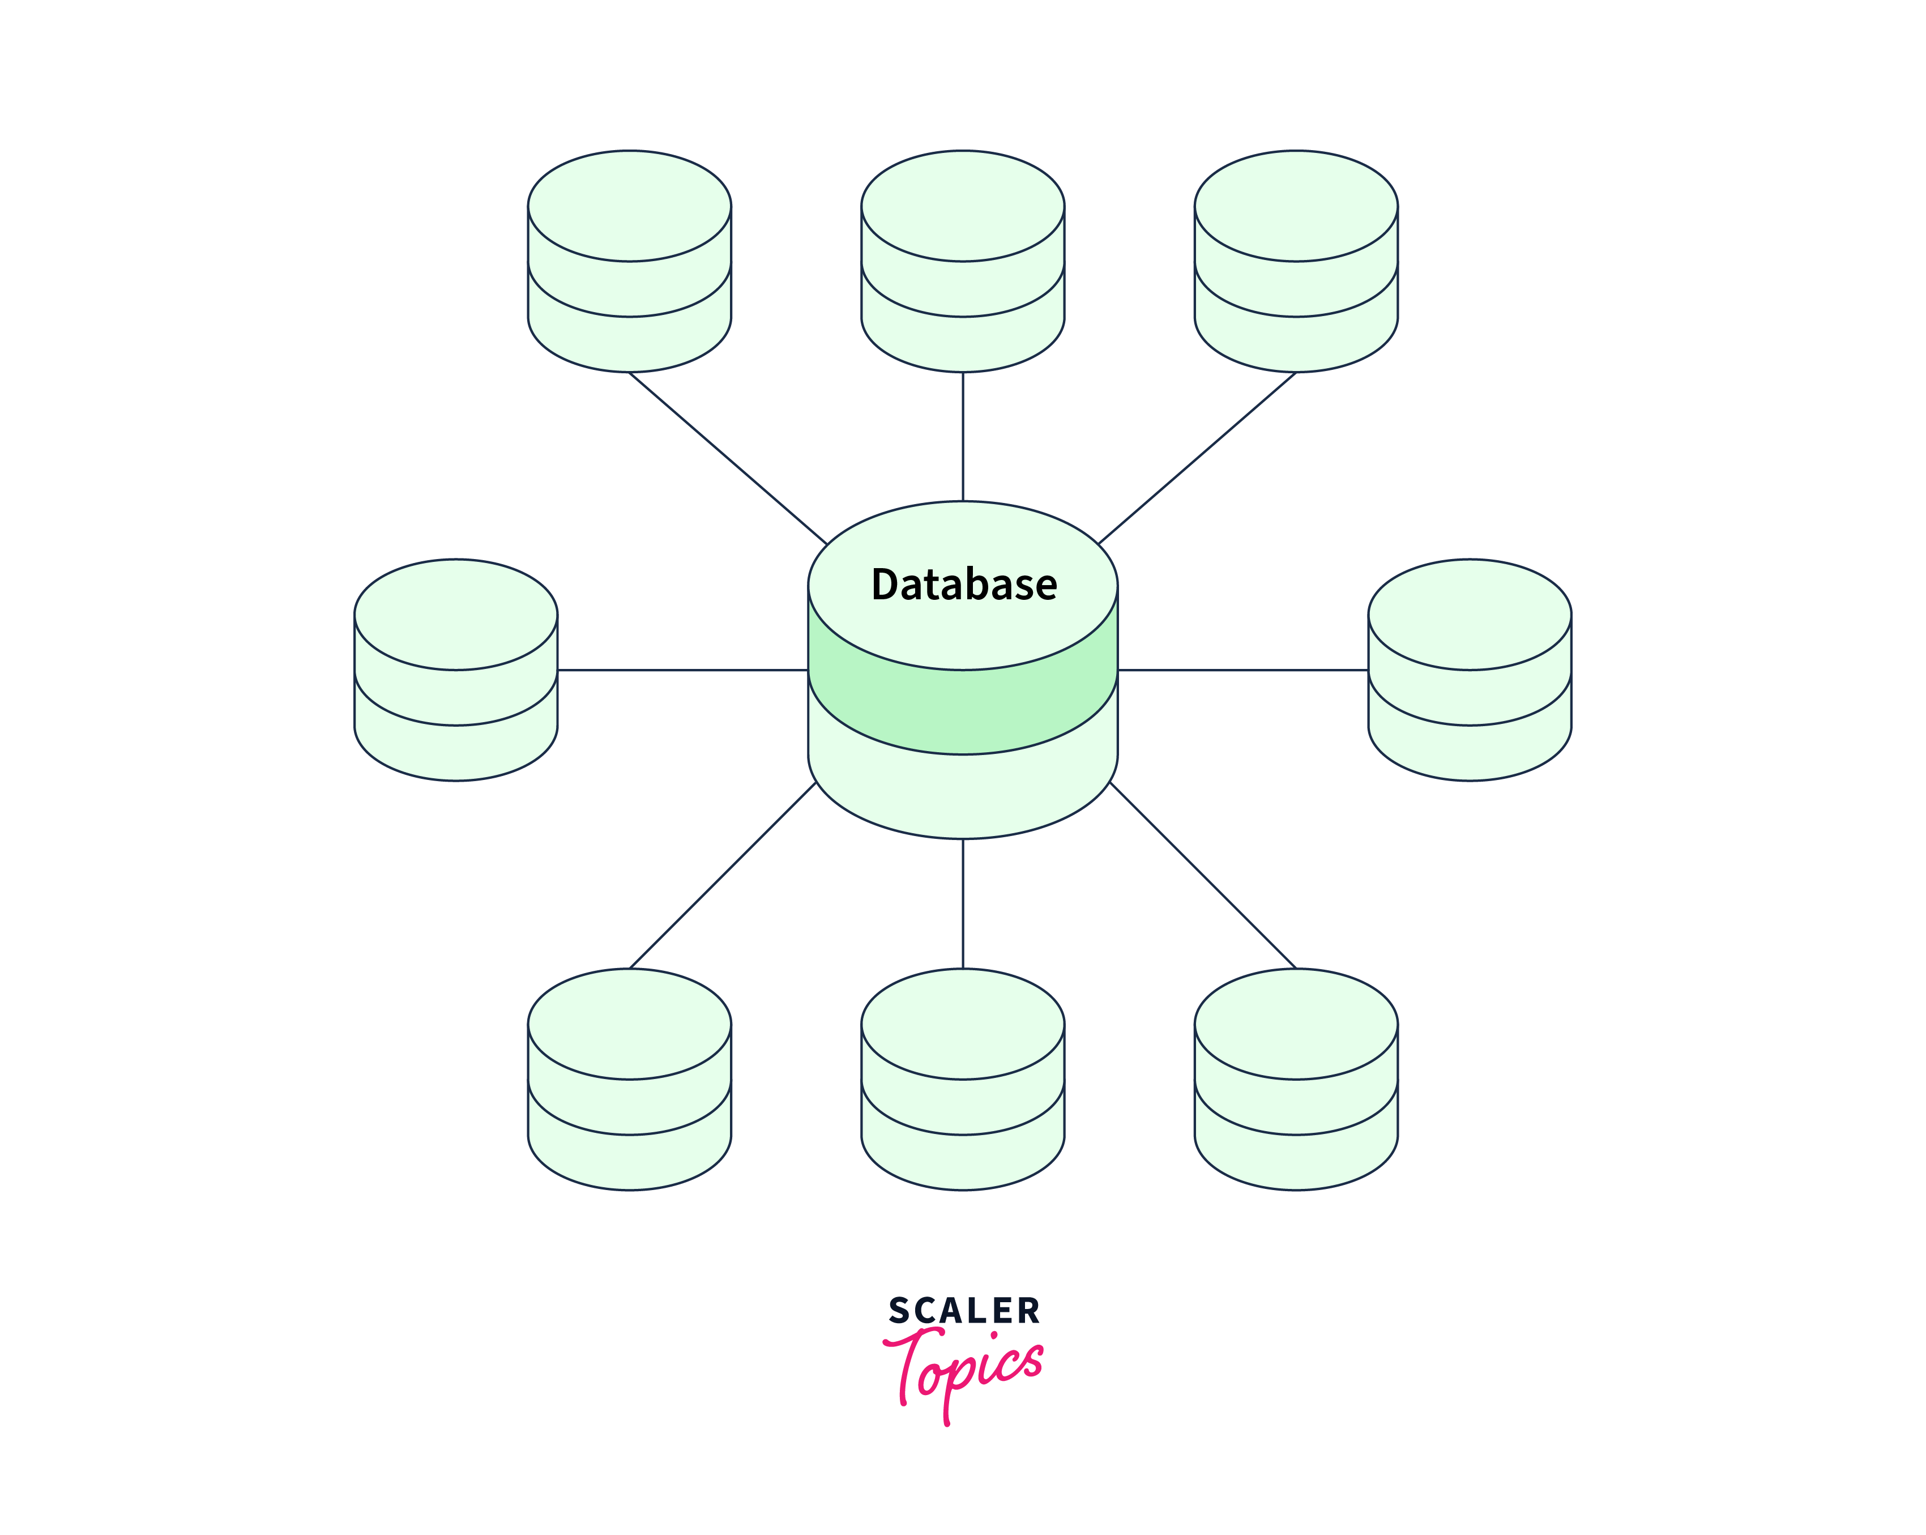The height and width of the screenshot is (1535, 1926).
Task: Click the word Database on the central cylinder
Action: click(964, 585)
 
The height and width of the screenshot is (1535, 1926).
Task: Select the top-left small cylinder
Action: click(630, 261)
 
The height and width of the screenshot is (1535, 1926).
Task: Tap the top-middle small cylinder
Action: click(963, 261)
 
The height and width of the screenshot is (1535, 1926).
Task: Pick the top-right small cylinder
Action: click(1296, 261)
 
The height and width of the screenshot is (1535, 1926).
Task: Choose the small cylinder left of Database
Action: click(456, 670)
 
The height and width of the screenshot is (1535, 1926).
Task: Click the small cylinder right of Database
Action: click(1470, 670)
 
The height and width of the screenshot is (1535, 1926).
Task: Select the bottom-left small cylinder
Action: click(630, 1080)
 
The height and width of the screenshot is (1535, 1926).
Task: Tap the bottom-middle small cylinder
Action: click(963, 1080)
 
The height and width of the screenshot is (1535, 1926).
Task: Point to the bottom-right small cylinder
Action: click(1296, 1080)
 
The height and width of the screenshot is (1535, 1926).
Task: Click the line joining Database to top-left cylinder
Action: click(729, 458)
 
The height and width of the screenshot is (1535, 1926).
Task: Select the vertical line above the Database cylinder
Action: click(963, 437)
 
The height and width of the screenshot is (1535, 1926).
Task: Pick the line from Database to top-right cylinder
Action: click(1197, 458)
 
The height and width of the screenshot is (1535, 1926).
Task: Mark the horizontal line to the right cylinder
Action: click(1242, 670)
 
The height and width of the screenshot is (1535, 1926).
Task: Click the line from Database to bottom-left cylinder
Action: click(723, 876)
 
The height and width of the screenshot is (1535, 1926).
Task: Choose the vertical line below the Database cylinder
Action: click(963, 903)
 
